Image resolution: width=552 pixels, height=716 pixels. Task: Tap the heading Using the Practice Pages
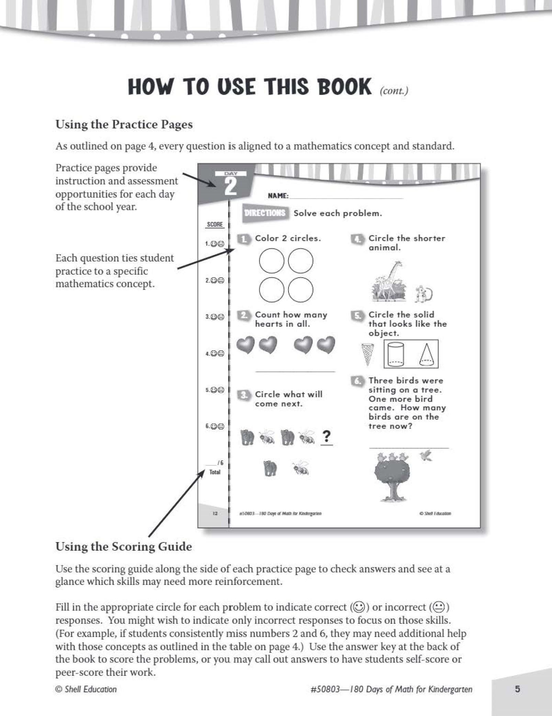[x=124, y=124]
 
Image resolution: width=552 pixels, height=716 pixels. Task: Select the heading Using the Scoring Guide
[x=124, y=546]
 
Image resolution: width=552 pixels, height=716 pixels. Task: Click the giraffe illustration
[x=390, y=281]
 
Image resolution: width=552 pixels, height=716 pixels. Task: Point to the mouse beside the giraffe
[x=423, y=294]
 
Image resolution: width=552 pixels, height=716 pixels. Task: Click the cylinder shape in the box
[x=395, y=354]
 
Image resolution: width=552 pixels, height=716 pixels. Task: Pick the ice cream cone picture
[x=368, y=354]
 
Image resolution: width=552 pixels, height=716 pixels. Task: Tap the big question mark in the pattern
[x=327, y=436]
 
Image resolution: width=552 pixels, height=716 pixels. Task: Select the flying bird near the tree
[x=426, y=456]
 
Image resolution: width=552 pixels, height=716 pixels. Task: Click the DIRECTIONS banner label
[x=264, y=213]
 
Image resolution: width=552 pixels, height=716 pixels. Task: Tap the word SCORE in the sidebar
[x=215, y=224]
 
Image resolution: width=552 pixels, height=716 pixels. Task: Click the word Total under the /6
[x=215, y=472]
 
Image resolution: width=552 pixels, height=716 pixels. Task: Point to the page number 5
[x=517, y=689]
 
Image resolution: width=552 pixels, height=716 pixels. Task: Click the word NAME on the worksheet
[x=278, y=196]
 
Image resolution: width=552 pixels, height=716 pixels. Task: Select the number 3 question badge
[x=244, y=395]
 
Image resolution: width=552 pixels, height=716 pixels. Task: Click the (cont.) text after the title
[x=394, y=91]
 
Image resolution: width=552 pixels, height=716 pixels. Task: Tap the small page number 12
[x=215, y=514]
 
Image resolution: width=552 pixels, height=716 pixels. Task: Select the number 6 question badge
[x=357, y=381]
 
